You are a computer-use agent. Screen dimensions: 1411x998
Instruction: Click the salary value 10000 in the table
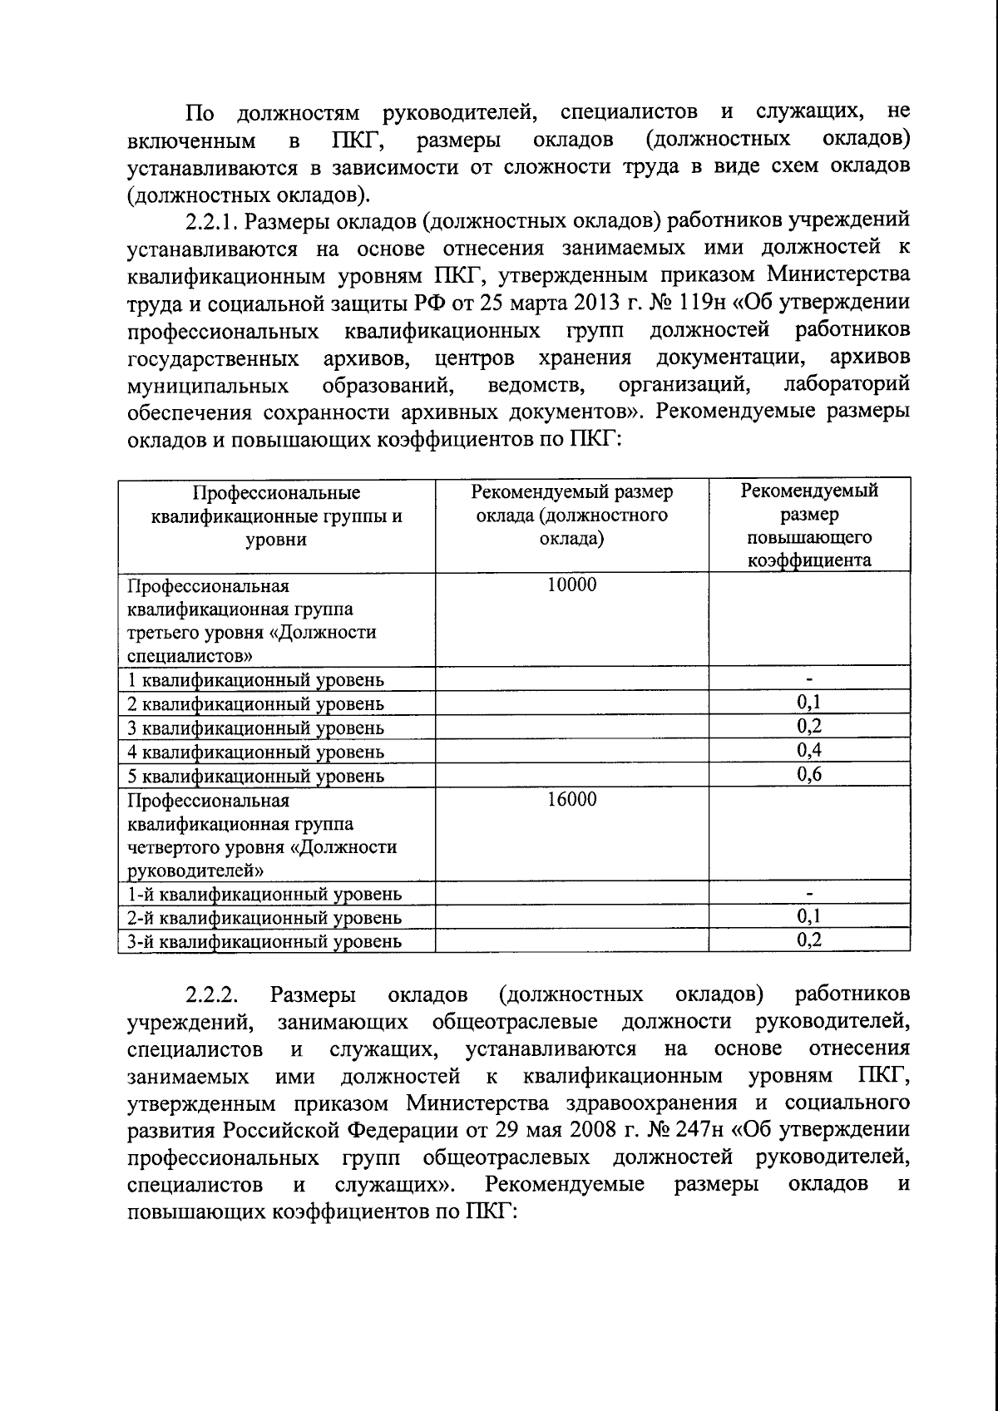click(x=571, y=585)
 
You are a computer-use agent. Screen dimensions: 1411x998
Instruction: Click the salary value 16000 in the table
click(x=571, y=800)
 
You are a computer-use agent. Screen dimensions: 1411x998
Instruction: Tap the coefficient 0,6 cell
click(x=808, y=776)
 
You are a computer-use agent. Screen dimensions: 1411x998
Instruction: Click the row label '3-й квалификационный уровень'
click(x=264, y=942)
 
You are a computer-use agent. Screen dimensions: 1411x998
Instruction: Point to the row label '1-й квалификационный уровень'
click(x=264, y=895)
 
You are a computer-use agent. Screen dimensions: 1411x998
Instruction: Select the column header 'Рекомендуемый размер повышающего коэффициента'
click(x=808, y=525)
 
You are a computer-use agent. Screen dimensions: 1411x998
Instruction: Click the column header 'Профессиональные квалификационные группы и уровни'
click(x=276, y=516)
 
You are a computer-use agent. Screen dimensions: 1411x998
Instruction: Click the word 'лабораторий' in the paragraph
click(x=847, y=385)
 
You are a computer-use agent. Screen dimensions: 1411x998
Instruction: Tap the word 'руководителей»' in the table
click(x=197, y=871)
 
